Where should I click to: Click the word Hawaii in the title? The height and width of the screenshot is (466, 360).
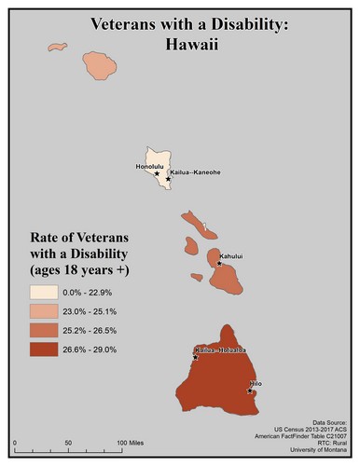(180, 42)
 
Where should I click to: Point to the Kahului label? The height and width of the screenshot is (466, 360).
(232, 253)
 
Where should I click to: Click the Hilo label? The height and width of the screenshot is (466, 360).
(256, 382)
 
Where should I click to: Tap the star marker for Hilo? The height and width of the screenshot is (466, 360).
(250, 391)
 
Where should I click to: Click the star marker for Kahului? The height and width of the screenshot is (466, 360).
(219, 264)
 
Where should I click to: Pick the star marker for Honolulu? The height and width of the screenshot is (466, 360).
(157, 173)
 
